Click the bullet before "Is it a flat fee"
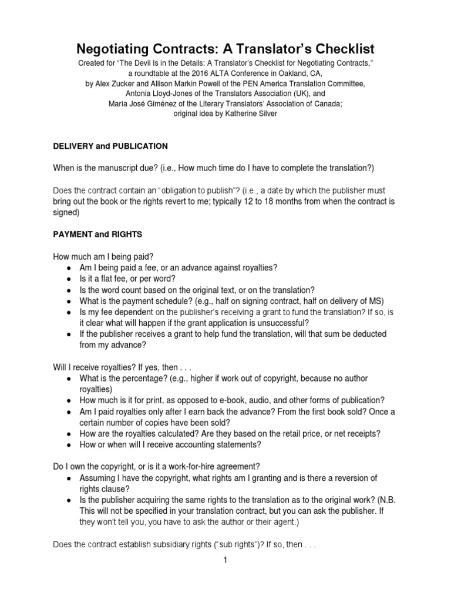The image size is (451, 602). point(69,279)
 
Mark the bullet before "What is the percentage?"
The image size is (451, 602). point(69,378)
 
